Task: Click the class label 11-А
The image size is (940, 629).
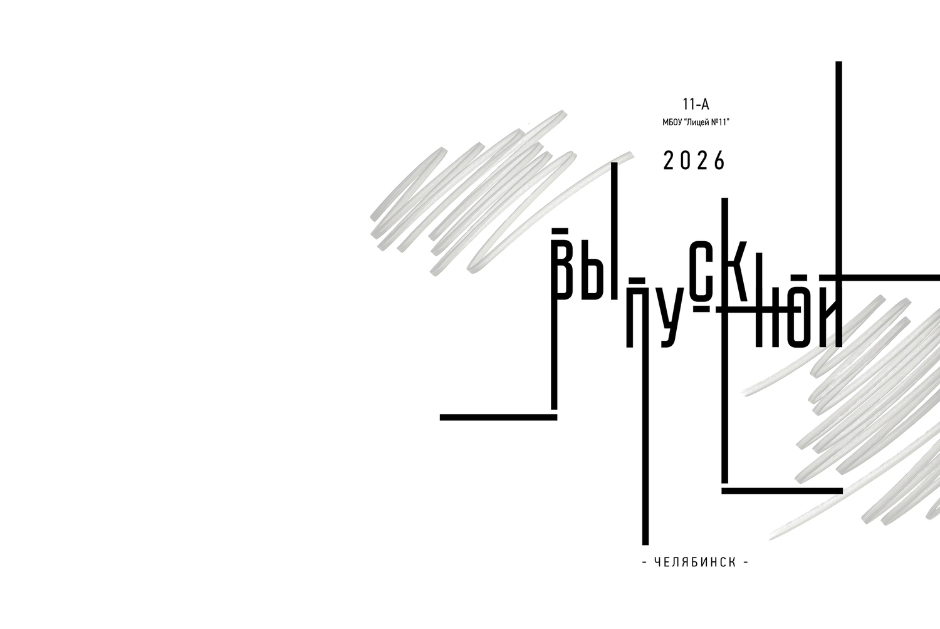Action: point(696,104)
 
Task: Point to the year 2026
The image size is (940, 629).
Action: point(694,161)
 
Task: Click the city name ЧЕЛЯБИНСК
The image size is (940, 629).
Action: point(696,563)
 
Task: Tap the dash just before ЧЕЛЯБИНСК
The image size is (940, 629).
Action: point(645,563)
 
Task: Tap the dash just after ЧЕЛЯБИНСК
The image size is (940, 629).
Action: point(746,563)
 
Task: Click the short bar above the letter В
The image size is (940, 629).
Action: point(560,230)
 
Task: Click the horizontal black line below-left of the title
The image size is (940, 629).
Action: point(499,417)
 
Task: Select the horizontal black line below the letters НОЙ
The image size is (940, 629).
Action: point(782,491)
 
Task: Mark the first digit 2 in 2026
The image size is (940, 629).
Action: point(668,161)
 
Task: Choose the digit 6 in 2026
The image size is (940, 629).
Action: point(720,161)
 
